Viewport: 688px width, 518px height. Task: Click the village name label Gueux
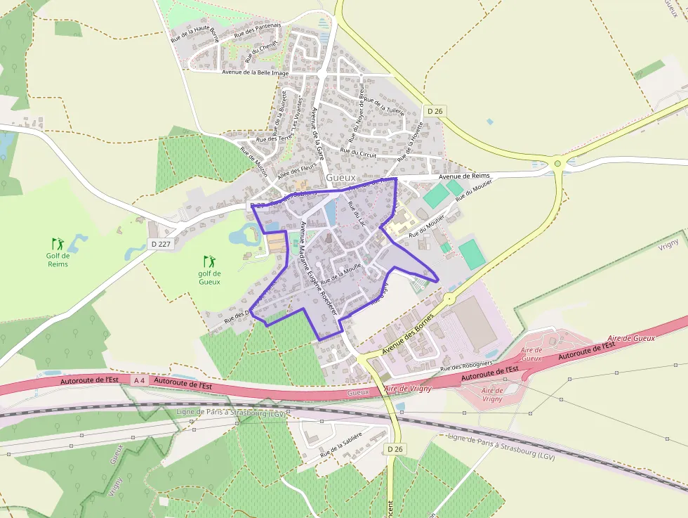[x=341, y=179]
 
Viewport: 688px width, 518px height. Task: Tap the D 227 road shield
[x=160, y=244]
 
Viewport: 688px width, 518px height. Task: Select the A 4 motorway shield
[x=138, y=380]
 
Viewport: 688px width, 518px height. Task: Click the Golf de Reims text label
[x=58, y=259]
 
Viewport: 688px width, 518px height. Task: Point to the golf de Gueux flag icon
[x=209, y=261]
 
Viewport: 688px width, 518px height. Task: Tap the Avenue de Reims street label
[x=464, y=176]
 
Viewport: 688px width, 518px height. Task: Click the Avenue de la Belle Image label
[x=255, y=72]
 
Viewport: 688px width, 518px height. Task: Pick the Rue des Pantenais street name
[x=258, y=30]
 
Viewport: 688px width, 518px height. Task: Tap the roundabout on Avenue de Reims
[x=557, y=164]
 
